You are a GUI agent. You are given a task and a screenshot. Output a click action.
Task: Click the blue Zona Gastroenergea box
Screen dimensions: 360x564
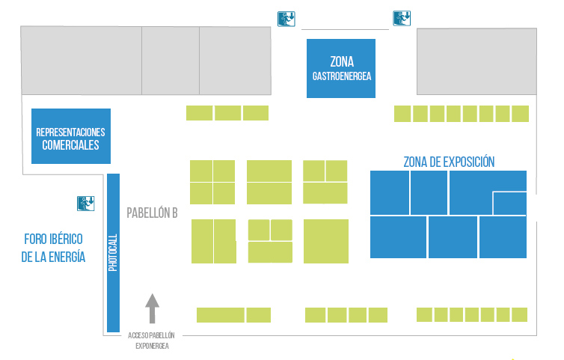click(341, 68)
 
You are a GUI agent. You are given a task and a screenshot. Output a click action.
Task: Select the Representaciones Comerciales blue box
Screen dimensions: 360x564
click(71, 136)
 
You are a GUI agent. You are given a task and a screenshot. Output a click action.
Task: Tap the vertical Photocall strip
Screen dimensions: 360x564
click(114, 252)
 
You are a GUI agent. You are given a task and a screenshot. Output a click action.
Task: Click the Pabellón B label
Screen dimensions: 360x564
click(152, 213)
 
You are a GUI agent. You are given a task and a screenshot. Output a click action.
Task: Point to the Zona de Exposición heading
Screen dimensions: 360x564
click(449, 162)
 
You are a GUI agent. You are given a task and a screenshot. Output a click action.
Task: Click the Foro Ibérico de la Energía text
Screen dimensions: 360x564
click(53, 248)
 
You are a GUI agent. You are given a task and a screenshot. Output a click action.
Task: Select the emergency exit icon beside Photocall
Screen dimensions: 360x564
click(85, 202)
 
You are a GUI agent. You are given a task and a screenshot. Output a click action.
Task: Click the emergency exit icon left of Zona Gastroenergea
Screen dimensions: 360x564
click(286, 18)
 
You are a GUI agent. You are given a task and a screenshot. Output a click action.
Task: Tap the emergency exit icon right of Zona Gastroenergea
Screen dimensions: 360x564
click(402, 18)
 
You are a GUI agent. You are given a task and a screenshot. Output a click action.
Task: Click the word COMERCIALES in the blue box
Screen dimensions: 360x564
click(71, 145)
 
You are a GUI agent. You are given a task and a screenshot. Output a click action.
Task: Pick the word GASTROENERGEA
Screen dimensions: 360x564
click(342, 76)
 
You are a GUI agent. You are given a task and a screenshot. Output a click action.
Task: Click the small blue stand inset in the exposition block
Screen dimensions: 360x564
click(509, 203)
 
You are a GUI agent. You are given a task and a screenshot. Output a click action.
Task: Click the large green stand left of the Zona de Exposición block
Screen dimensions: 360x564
click(325, 240)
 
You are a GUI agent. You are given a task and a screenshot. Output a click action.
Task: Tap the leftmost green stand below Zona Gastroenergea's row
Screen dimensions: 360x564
click(199, 113)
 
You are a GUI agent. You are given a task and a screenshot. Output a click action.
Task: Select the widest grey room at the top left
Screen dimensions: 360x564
click(82, 61)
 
